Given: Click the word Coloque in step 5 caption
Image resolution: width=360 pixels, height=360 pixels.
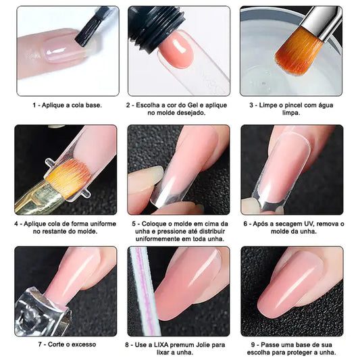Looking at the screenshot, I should coord(155,223).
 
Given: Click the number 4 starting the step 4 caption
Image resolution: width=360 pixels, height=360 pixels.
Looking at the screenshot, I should coord(16,223).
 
